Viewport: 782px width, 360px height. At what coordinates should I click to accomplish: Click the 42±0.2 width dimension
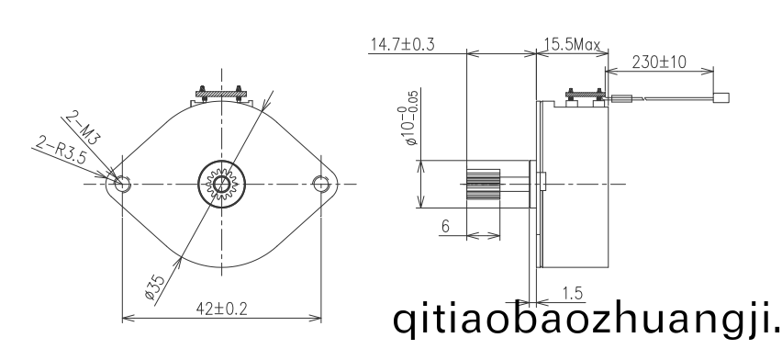click(222, 309)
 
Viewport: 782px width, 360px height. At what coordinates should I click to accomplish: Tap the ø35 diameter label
click(154, 288)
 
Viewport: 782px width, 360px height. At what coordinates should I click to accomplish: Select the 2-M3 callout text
click(83, 128)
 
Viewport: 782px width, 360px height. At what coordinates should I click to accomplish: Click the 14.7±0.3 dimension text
click(402, 44)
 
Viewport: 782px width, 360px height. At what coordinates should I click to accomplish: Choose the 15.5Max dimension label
click(572, 45)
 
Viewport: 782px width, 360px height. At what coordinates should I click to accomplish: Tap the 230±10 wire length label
click(659, 62)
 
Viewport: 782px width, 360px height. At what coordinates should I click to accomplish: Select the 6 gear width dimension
click(445, 226)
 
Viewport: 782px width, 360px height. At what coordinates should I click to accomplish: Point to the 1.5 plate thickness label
click(572, 294)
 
